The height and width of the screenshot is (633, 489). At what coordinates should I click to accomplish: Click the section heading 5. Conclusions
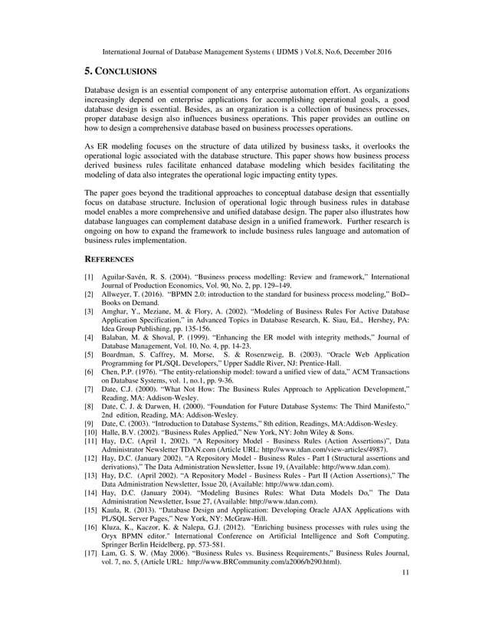pos(120,71)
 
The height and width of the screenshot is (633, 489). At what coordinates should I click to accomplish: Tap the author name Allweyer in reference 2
pos(120,294)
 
